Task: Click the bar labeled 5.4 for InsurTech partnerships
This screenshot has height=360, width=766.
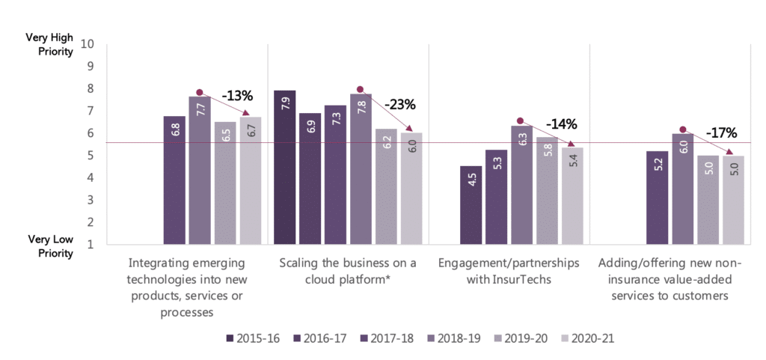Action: (572, 195)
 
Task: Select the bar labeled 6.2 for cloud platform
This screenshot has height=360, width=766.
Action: (386, 186)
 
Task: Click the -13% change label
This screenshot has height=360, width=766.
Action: (237, 96)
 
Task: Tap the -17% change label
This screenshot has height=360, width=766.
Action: (721, 134)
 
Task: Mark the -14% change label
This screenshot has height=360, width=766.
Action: (562, 123)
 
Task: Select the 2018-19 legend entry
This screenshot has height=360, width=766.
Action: (453, 338)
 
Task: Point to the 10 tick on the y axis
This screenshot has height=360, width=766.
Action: (88, 43)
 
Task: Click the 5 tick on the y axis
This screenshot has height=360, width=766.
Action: (91, 156)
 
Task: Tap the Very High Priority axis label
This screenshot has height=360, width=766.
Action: (49, 44)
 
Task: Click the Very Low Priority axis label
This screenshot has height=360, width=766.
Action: (50, 246)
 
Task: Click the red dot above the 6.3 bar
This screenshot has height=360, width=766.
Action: (520, 120)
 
